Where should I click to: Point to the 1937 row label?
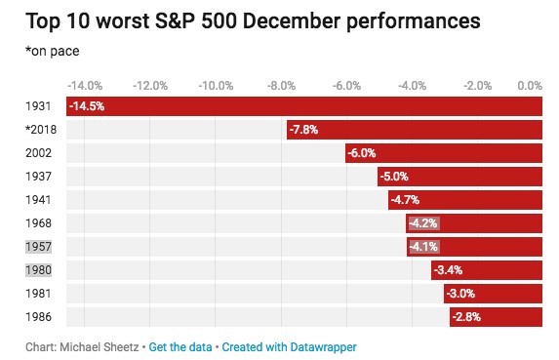click(23, 176)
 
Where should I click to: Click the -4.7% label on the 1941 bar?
click(405, 200)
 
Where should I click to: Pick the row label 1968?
click(23, 222)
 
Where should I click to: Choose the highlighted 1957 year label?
click(23, 246)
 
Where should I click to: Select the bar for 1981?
click(493, 293)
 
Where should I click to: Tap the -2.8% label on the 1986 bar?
click(465, 316)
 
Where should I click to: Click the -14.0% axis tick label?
click(86, 85)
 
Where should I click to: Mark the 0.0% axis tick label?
click(530, 85)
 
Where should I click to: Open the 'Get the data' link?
click(180, 346)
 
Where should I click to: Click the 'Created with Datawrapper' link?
click(290, 346)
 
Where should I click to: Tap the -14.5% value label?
click(88, 105)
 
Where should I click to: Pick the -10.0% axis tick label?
click(216, 85)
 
